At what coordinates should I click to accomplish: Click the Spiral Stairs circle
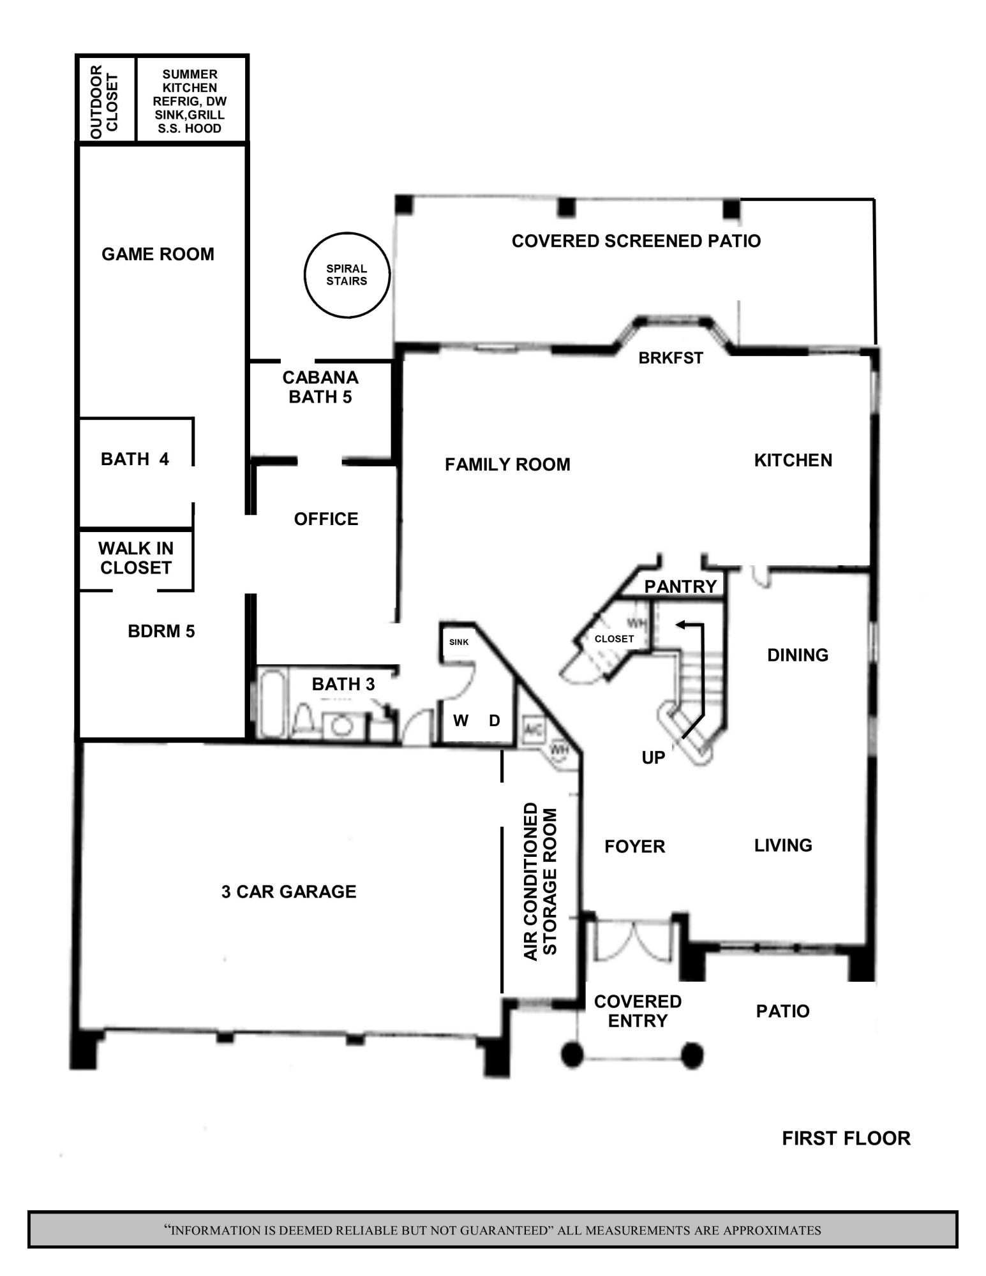(347, 275)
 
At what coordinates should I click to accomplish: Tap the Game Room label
(158, 254)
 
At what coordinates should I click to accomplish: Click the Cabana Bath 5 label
(320, 387)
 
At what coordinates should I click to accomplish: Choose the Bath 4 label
(135, 459)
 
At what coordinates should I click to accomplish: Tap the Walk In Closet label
(136, 558)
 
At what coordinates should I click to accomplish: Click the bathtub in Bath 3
(273, 702)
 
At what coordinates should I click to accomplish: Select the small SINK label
(459, 642)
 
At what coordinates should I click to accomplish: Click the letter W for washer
(461, 721)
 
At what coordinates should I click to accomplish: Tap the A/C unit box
(533, 727)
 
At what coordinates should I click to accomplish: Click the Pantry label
(680, 586)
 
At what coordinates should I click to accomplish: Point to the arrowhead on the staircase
(681, 625)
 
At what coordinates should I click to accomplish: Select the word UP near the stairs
(653, 757)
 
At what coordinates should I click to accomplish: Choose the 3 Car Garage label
(288, 891)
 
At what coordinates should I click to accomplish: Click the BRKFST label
(671, 358)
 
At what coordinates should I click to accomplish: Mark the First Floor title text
(846, 1139)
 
